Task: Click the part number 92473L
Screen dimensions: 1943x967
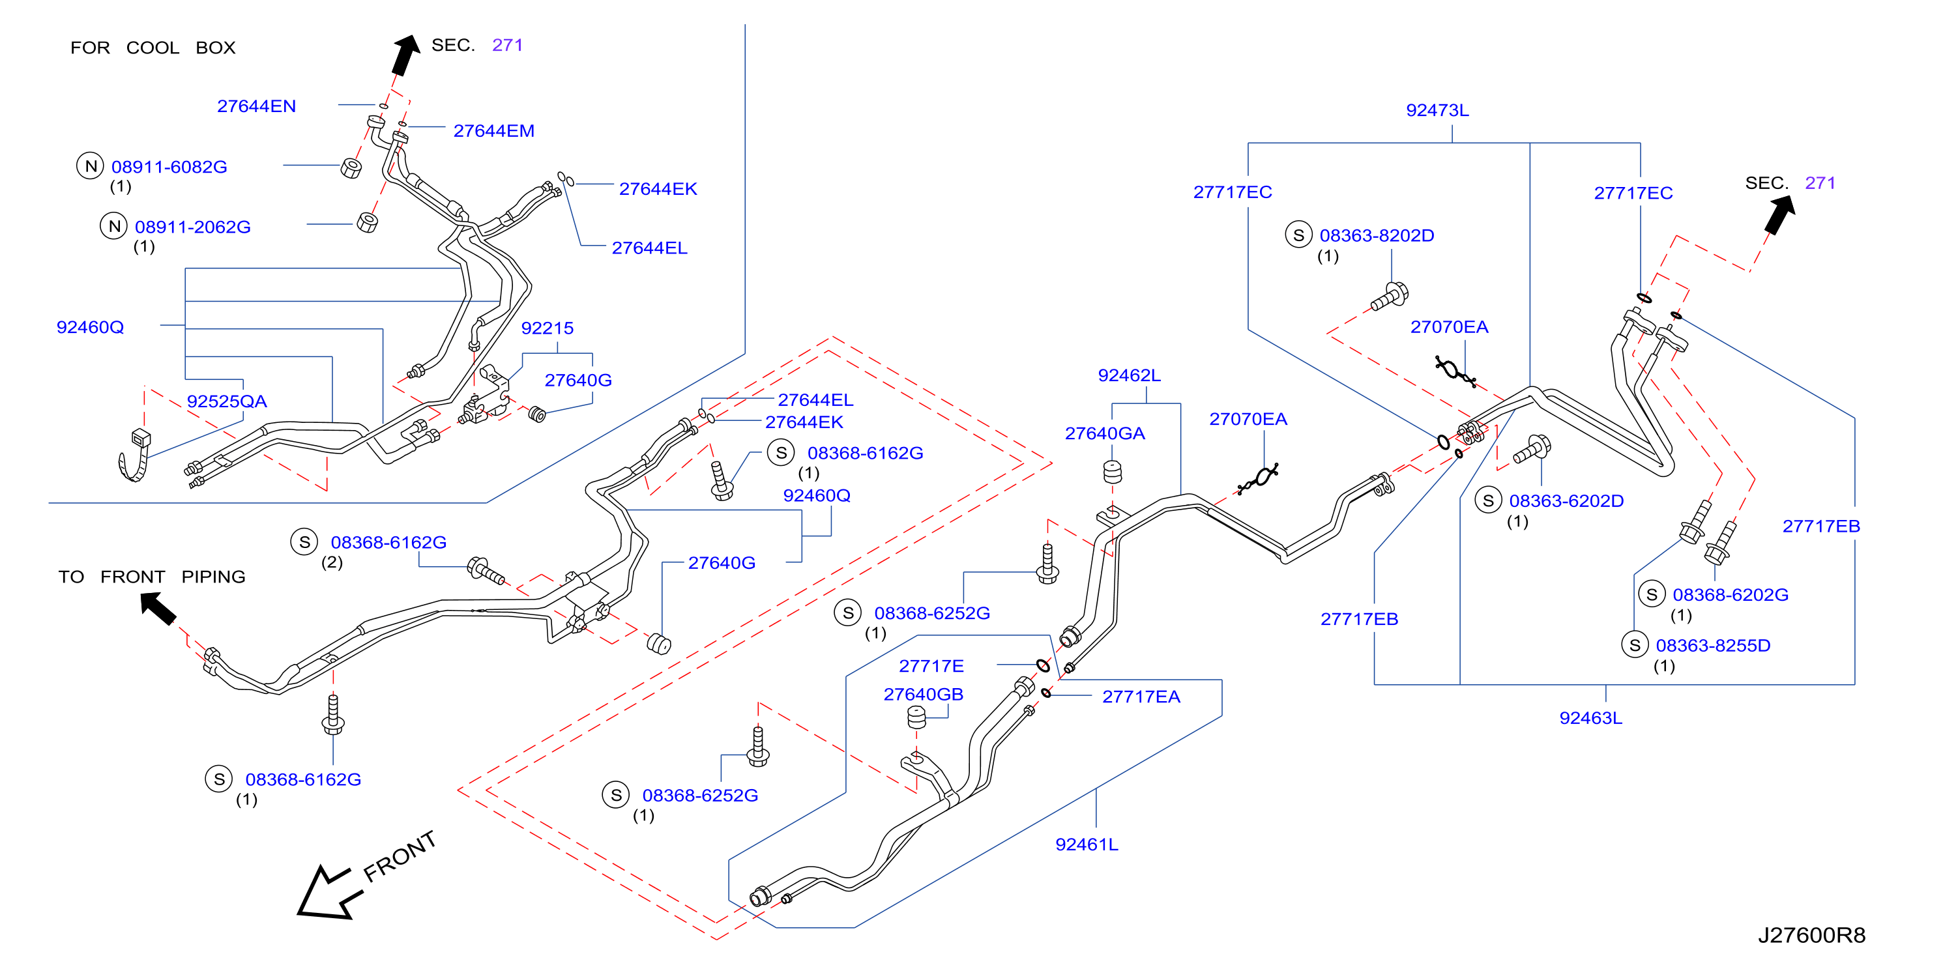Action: tap(1437, 110)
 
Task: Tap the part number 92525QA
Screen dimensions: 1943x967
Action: tap(227, 401)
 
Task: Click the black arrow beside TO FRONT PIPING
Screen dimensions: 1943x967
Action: tap(158, 607)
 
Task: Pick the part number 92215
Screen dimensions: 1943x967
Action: tap(547, 328)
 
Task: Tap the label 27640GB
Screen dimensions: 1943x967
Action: tap(923, 694)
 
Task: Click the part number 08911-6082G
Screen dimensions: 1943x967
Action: tap(169, 167)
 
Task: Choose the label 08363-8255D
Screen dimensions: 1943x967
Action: tap(1713, 646)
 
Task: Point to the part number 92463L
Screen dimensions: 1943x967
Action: tap(1591, 717)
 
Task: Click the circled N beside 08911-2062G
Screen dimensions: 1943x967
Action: tap(114, 225)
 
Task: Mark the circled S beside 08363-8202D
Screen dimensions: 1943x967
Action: tap(1298, 235)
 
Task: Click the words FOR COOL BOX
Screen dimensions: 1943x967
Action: tap(153, 48)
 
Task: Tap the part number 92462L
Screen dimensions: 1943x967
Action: tap(1129, 375)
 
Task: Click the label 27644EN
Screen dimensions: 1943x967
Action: tap(256, 106)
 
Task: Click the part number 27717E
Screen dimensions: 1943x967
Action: tap(931, 666)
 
